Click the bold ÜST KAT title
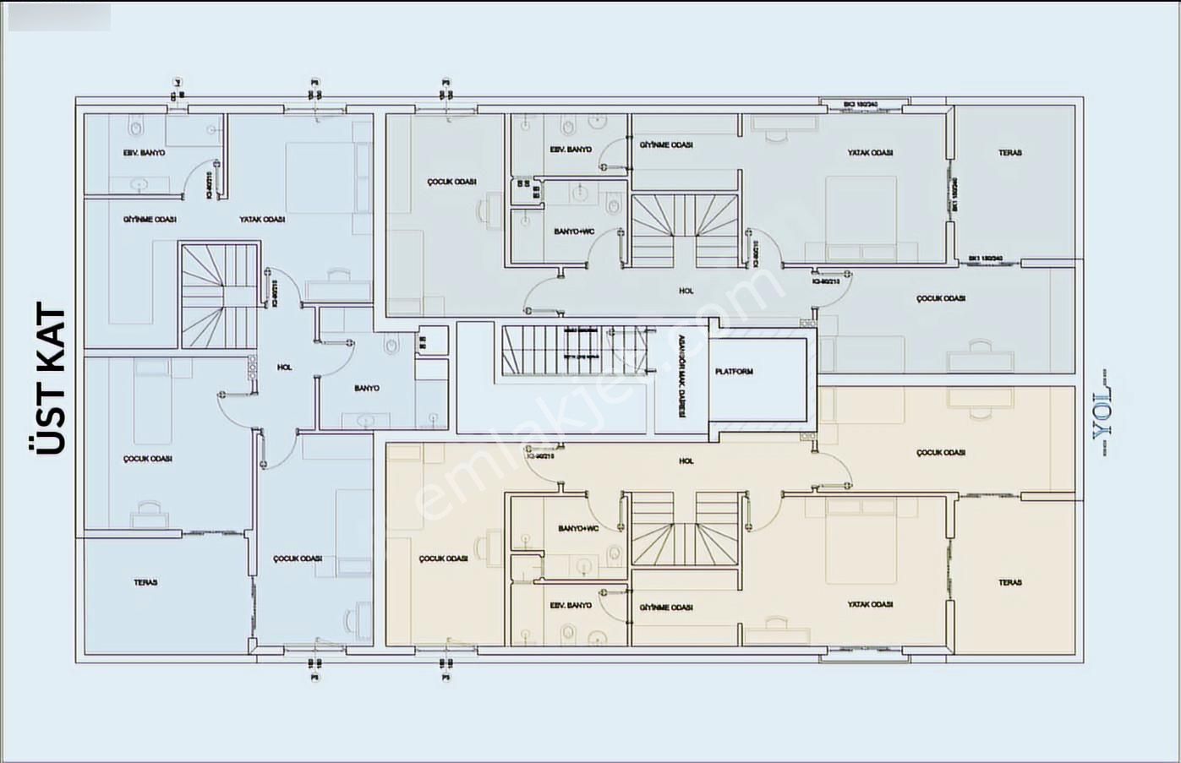click(x=52, y=380)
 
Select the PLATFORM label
click(x=733, y=372)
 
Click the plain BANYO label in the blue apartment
click(x=366, y=389)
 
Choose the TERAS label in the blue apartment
click(x=145, y=582)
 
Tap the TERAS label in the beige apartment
click(x=1009, y=582)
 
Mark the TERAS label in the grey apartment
click(x=1009, y=153)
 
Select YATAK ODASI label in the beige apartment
click(x=871, y=605)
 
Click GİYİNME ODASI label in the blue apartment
click(x=150, y=220)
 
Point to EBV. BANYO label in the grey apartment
click(x=571, y=150)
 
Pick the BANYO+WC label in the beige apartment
click(x=578, y=529)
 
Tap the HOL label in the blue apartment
click(x=284, y=368)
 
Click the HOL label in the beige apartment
click(x=686, y=461)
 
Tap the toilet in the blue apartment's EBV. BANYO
click(x=135, y=128)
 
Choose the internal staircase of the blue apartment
click(x=218, y=296)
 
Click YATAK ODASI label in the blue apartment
click(x=261, y=220)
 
